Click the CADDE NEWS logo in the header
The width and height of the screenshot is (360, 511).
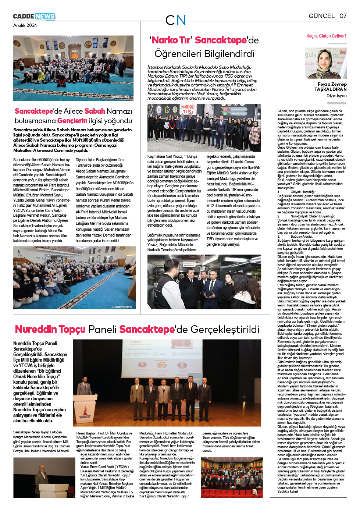click(x=34, y=17)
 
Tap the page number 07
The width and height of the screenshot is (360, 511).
click(x=343, y=16)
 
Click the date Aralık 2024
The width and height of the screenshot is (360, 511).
click(x=25, y=25)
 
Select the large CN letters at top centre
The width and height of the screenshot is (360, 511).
click(x=176, y=20)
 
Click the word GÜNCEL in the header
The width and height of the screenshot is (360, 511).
click(x=321, y=16)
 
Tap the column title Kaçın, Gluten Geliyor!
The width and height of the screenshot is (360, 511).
click(x=326, y=36)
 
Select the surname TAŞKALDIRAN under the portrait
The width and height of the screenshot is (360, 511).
click(x=330, y=89)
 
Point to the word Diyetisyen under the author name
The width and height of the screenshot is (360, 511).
click(x=336, y=96)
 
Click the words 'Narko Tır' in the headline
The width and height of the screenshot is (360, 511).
click(x=171, y=40)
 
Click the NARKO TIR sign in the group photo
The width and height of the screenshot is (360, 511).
click(x=188, y=109)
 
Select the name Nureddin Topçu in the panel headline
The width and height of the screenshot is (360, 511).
click(x=50, y=329)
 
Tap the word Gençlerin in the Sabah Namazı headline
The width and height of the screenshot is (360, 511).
click(x=72, y=121)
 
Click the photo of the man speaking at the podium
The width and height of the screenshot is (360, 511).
click(x=44, y=478)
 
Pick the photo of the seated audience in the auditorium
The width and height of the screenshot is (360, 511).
click(x=232, y=478)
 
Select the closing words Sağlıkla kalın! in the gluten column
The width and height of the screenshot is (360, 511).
click(x=288, y=491)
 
